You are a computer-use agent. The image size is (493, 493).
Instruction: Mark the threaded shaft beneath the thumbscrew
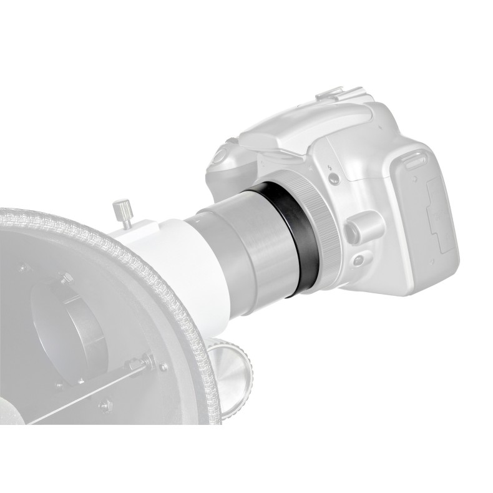point(126,218)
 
